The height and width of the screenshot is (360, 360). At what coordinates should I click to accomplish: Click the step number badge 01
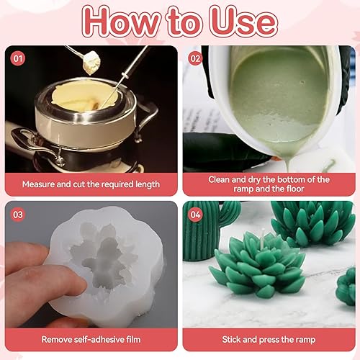pyautogui.click(x=18, y=58)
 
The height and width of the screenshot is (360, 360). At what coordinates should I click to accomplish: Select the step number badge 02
pyautogui.click(x=195, y=58)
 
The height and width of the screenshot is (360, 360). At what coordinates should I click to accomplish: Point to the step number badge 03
pyautogui.click(x=18, y=215)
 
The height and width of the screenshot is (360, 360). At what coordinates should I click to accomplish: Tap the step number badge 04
pyautogui.click(x=195, y=215)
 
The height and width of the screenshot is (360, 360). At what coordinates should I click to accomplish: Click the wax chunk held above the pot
pyautogui.click(x=91, y=63)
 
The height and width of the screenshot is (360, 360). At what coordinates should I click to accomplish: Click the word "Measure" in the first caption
pyautogui.click(x=38, y=184)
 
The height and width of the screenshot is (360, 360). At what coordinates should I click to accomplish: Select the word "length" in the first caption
pyautogui.click(x=148, y=184)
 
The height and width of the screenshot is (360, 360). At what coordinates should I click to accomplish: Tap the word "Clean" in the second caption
pyautogui.click(x=218, y=179)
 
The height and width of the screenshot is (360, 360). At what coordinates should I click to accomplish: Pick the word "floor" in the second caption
pyautogui.click(x=295, y=189)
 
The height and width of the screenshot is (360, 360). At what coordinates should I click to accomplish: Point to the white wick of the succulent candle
pyautogui.click(x=264, y=238)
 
